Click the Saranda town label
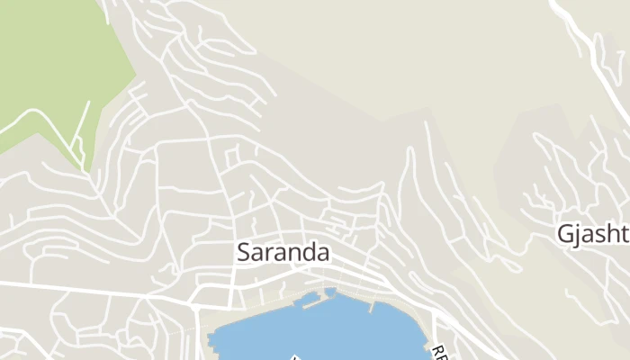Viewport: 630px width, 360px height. click(283, 253)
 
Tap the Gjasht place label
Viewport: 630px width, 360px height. click(592, 235)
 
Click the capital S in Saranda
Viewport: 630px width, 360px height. click(245, 253)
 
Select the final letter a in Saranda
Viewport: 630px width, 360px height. click(322, 254)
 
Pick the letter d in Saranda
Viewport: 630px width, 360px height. click(306, 253)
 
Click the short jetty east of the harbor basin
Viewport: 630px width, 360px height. click(372, 306)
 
